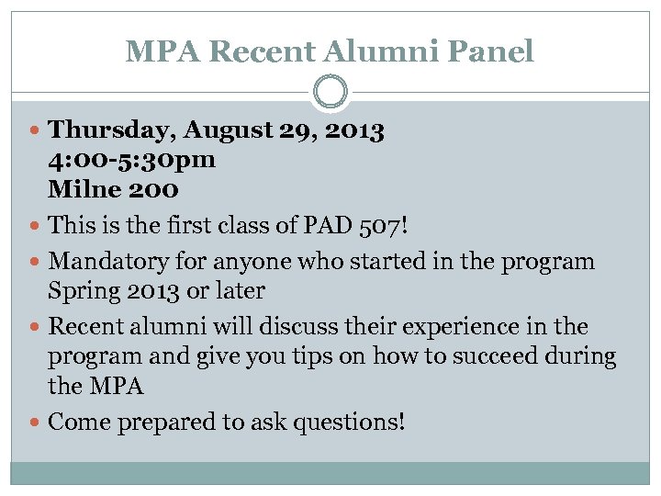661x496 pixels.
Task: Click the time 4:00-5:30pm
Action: tap(132, 159)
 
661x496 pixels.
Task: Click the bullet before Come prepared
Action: tap(36, 423)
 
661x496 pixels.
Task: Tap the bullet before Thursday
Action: tap(36, 130)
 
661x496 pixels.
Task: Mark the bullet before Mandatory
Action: tap(36, 262)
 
